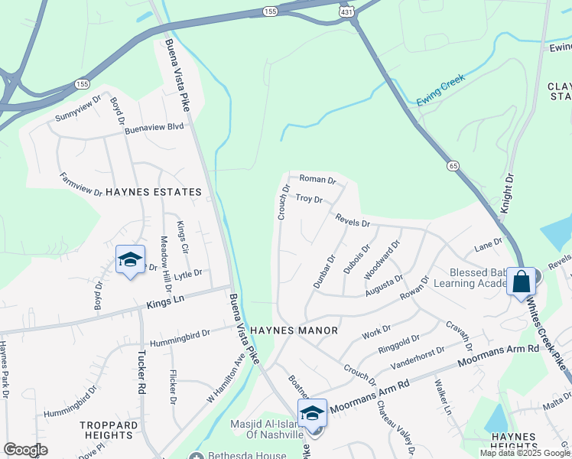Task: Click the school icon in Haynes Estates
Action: pos(131,259)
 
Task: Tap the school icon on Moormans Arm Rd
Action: pos(312,413)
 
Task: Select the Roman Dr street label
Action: pos(317,180)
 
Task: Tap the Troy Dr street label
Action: pos(309,199)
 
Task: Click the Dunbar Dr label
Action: pos(324,272)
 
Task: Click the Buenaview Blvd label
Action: pos(154,128)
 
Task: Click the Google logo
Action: pos(25,450)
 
